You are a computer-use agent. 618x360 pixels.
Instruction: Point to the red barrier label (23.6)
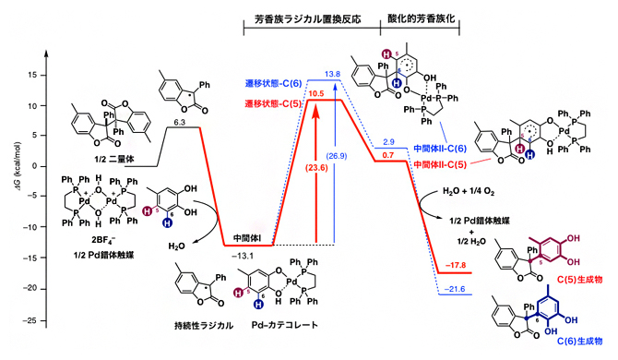pos(292,168)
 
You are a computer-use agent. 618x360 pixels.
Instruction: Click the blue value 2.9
pos(388,139)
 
